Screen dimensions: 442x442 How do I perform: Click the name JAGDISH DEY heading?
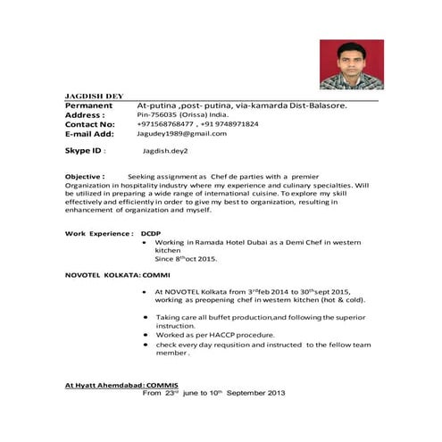(x=95, y=95)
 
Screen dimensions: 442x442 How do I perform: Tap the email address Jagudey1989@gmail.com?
(x=181, y=133)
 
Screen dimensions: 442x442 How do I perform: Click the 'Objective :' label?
(x=85, y=177)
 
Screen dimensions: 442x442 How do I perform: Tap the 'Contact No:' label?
(x=90, y=124)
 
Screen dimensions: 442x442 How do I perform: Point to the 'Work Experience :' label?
(x=99, y=233)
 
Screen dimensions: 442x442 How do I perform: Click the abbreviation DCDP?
(x=151, y=233)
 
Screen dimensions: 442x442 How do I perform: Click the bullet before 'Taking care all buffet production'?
(x=146, y=317)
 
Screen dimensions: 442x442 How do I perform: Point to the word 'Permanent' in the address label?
(x=88, y=105)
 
